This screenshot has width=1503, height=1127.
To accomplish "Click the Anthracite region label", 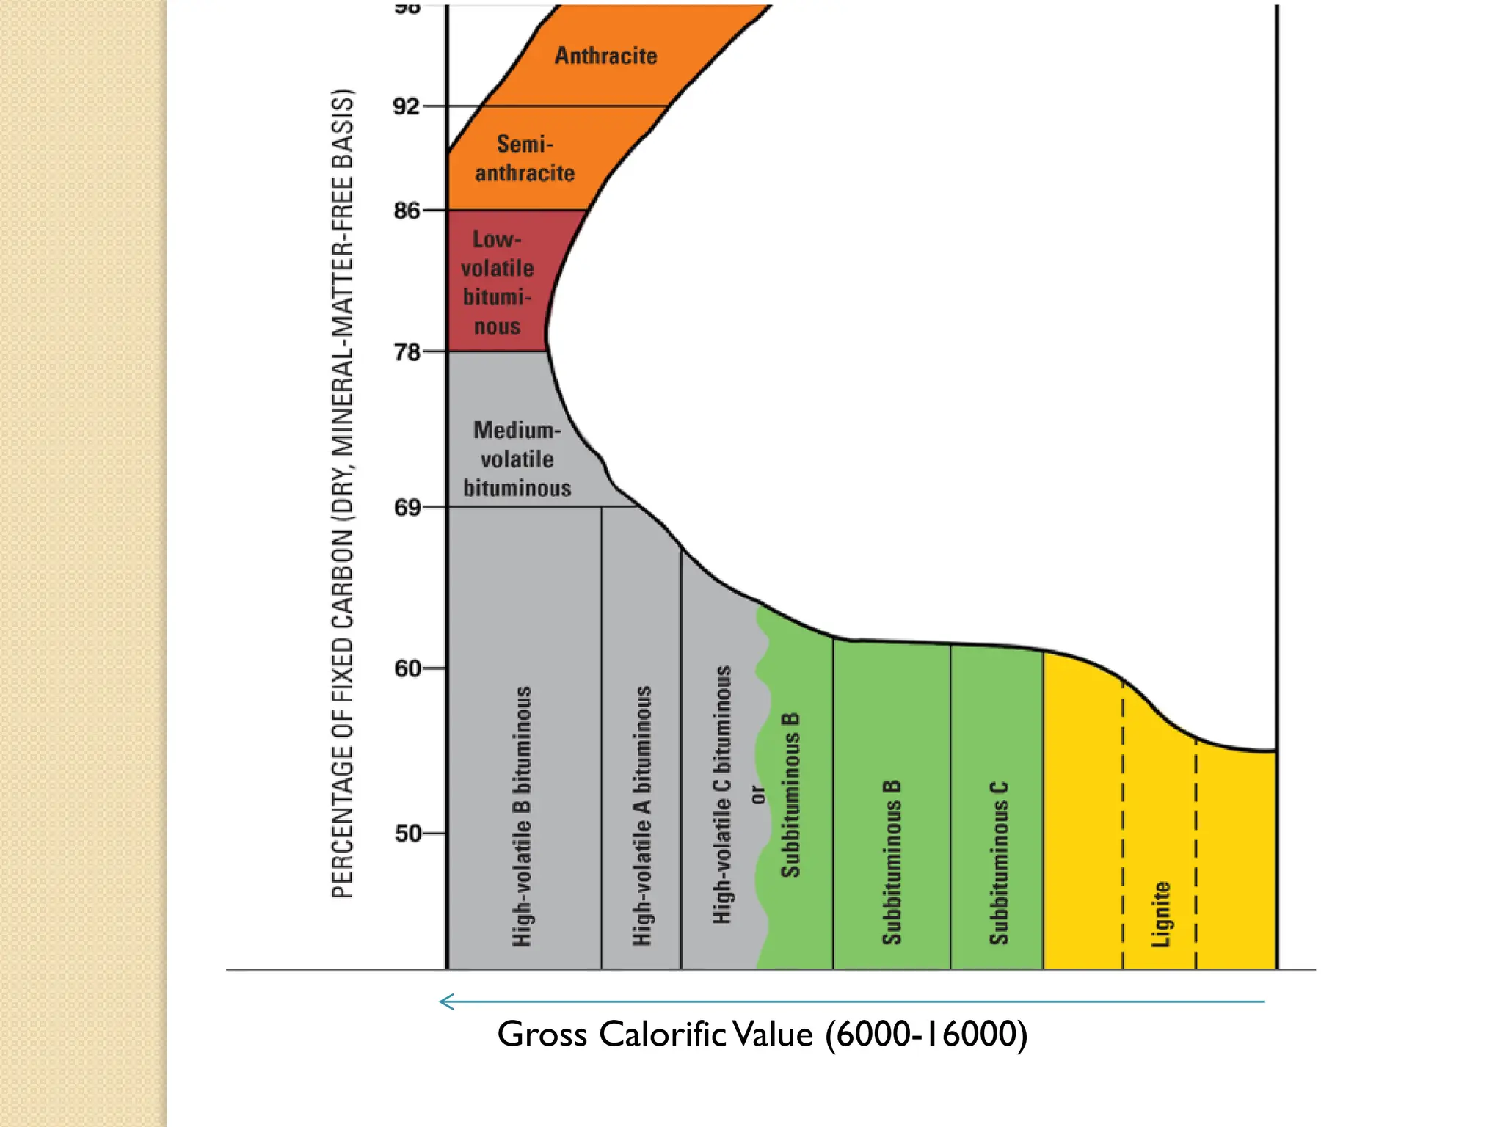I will (605, 56).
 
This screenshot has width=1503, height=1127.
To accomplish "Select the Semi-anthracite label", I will (525, 158).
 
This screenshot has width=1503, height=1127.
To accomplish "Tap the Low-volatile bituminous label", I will (497, 282).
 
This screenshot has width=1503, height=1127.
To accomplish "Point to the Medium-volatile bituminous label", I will (517, 459).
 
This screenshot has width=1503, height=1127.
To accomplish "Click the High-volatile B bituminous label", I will (522, 816).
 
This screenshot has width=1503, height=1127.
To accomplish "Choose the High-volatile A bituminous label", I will (642, 816).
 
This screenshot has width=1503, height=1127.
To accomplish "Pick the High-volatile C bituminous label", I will (722, 795).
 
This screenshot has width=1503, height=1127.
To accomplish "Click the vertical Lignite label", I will (1161, 914).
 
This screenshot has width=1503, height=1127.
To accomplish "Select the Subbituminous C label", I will (999, 864).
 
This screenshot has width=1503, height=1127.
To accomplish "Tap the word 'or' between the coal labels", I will (758, 795).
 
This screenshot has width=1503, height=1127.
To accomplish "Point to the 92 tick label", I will (407, 107).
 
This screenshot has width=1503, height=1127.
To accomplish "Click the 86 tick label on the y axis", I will (407, 211).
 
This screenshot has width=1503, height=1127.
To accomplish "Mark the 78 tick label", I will (407, 353).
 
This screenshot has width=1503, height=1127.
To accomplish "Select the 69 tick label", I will (407, 508).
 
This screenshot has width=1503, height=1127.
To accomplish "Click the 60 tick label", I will (407, 669).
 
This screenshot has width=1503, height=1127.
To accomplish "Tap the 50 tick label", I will (407, 834).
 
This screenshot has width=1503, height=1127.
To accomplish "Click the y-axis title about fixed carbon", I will (343, 493).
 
